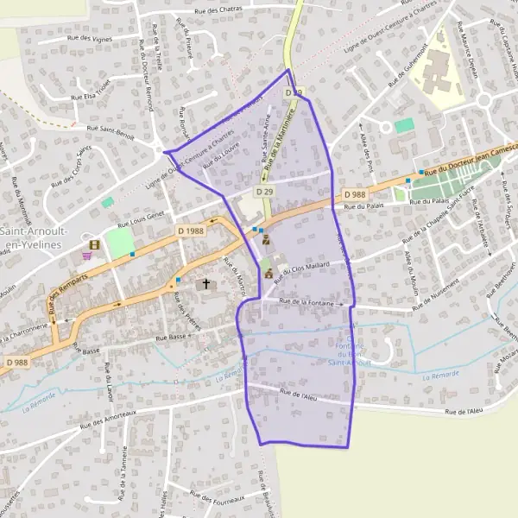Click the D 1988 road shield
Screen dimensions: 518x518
coord(192,231)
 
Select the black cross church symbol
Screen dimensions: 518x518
coord(205,283)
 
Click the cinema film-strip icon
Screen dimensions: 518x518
coord(93,244)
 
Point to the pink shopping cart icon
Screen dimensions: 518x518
coord(87,256)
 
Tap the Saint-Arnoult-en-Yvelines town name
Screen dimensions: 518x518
coord(28,238)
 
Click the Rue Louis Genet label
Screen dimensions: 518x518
coord(142,215)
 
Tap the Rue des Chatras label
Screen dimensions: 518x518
coord(218,9)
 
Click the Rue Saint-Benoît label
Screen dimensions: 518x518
coord(111,128)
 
